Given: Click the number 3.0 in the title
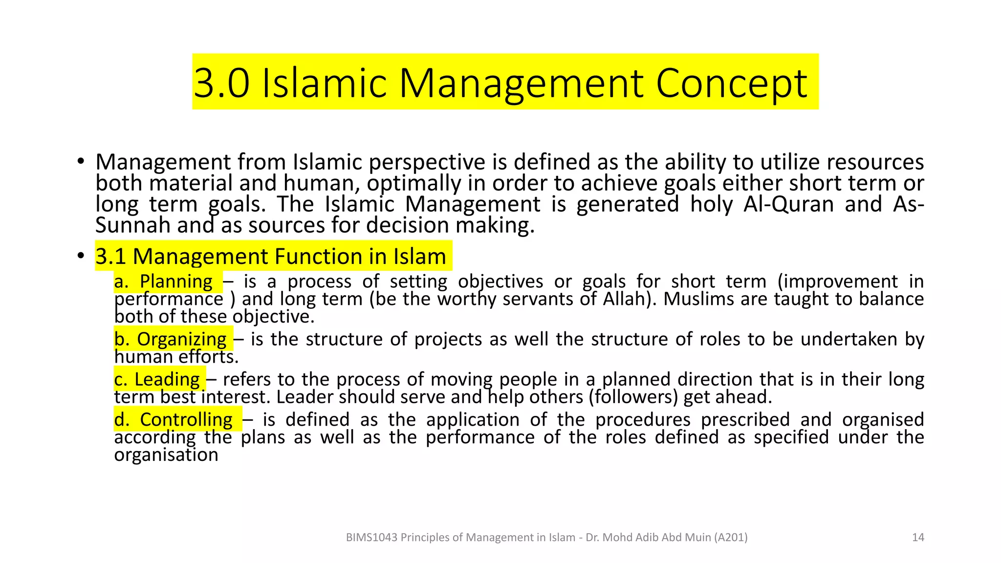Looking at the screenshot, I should (221, 83).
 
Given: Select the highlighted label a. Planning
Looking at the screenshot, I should (164, 281).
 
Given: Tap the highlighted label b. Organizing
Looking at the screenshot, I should (170, 339).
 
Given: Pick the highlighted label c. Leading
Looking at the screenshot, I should (157, 379).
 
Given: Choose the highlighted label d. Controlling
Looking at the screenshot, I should (174, 420).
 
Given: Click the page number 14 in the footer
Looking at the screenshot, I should (918, 538).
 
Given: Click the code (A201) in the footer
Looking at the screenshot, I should (731, 538).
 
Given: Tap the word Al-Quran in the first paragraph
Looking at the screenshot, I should (788, 204).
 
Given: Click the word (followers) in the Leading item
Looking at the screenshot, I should (633, 397).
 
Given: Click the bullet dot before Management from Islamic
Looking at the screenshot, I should (81, 162).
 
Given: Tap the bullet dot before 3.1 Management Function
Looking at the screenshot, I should (81, 256).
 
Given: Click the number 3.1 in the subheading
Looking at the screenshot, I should (110, 257).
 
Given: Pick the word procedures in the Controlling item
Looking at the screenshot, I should (643, 420).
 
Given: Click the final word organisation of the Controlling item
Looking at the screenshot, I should (166, 455).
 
